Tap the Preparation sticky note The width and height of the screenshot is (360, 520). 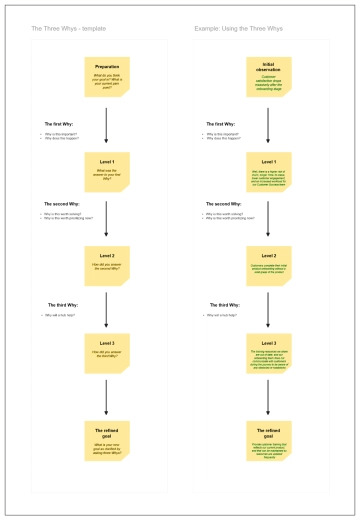click(106, 75)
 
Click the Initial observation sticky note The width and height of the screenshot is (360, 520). click(268, 75)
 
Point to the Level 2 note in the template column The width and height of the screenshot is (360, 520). click(106, 263)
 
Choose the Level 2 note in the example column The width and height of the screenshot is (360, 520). click(268, 263)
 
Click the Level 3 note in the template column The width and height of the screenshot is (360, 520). click(106, 352)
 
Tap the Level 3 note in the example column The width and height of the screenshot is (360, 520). click(268, 352)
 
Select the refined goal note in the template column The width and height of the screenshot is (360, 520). click(106, 436)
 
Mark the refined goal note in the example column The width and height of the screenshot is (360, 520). click(268, 436)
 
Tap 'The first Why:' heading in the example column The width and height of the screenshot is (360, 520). click(221, 124)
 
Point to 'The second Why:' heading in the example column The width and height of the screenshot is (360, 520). click(222, 204)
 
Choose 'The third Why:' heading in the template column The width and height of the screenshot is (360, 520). click(59, 305)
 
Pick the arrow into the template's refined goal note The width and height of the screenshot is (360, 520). click(106, 396)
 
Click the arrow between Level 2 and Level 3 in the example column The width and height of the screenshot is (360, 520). click(268, 308)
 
